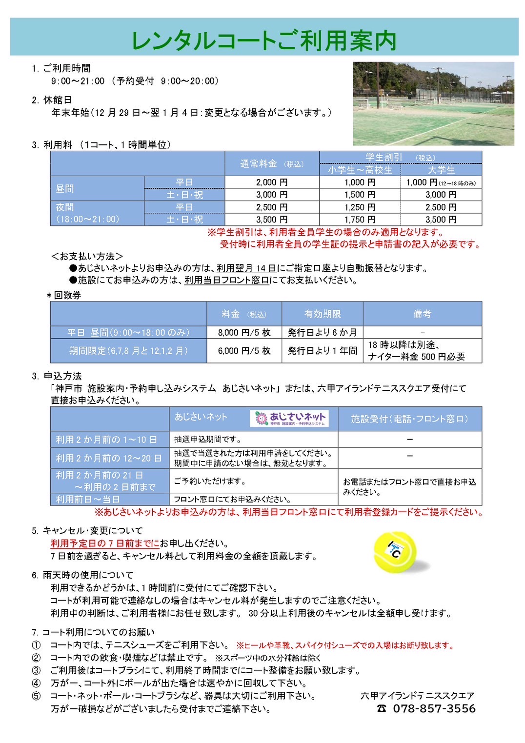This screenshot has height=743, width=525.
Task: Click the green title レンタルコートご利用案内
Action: pyautogui.click(x=263, y=40)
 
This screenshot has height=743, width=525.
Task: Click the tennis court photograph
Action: pyautogui.click(x=433, y=103)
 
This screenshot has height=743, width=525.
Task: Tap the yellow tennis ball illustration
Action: pyautogui.click(x=395, y=552)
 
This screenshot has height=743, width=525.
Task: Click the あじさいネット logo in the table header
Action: pyautogui.click(x=290, y=418)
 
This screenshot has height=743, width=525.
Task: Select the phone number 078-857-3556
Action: pyautogui.click(x=434, y=709)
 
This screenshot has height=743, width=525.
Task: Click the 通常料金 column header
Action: pyautogui.click(x=272, y=164)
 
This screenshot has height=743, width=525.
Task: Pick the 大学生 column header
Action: pyautogui.click(x=441, y=170)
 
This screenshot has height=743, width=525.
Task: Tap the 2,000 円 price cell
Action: pyautogui.click(x=272, y=182)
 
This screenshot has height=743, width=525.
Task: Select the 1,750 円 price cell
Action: pyautogui.click(x=360, y=220)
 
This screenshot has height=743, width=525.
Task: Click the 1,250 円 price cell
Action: pyautogui.click(x=360, y=207)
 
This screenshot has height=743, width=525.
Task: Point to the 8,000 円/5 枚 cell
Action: pyautogui.click(x=244, y=333)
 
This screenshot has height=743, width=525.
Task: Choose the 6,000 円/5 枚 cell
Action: pyautogui.click(x=244, y=351)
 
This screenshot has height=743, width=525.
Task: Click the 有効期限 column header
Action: pyautogui.click(x=322, y=314)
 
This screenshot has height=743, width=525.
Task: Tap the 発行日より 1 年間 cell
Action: pyautogui.click(x=322, y=351)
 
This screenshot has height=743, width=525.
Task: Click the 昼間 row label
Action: pyautogui.click(x=65, y=189)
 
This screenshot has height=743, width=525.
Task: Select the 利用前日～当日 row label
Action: pyautogui.click(x=88, y=500)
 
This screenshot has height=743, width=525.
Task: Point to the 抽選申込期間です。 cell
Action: pyautogui.click(x=208, y=440)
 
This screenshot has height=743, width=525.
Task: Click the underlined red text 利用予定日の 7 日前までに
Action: pyautogui.click(x=105, y=543)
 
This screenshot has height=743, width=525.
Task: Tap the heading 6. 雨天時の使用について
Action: pyautogui.click(x=82, y=575)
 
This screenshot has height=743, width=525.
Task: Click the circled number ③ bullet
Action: pyautogui.click(x=37, y=671)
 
